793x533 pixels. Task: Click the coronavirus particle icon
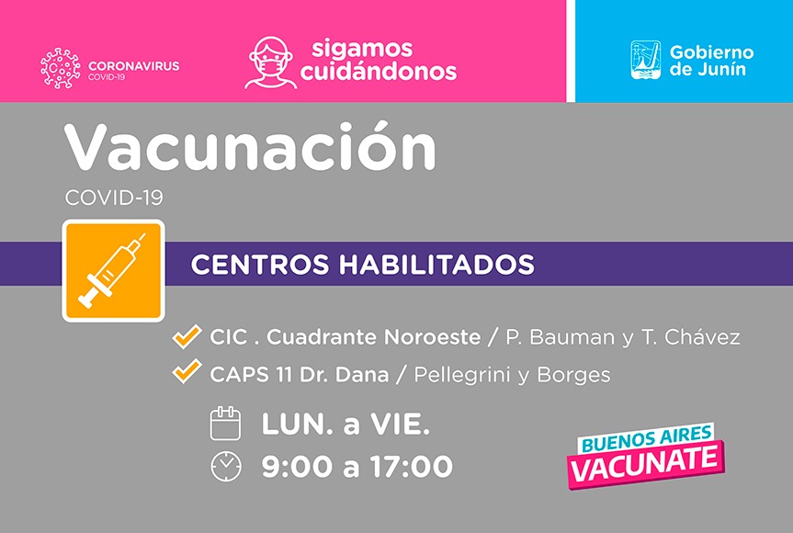tap(60, 69)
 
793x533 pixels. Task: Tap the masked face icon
tap(271, 63)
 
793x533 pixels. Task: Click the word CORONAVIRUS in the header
tap(133, 66)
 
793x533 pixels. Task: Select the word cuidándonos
tap(379, 71)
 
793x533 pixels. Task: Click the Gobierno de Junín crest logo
tap(645, 60)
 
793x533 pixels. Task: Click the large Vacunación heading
tap(250, 147)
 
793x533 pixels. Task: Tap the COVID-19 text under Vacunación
tap(114, 198)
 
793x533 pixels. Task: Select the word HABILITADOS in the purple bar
tap(436, 264)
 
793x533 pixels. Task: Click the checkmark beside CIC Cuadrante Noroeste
tap(187, 336)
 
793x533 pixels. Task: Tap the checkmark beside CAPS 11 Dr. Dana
tap(187, 371)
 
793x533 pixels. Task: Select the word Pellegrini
tap(462, 376)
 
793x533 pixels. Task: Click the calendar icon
tap(225, 424)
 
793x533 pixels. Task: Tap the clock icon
tap(225, 466)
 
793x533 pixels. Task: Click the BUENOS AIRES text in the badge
tap(647, 438)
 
